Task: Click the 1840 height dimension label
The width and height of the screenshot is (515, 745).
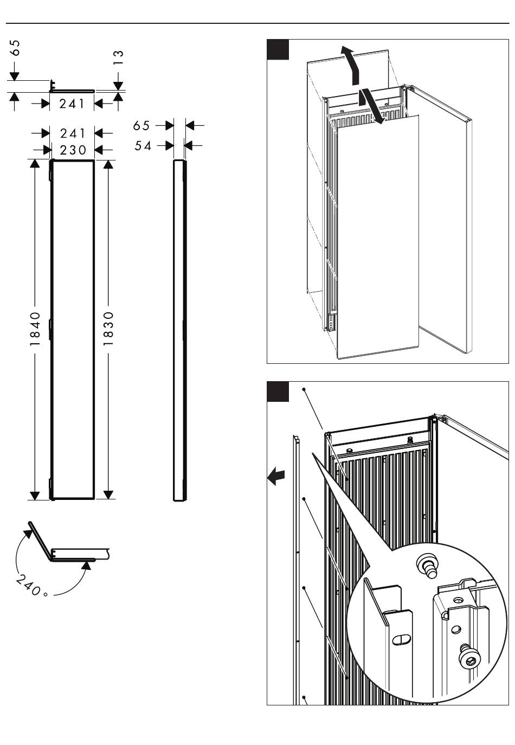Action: (35, 329)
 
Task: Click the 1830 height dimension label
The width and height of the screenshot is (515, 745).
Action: (108, 329)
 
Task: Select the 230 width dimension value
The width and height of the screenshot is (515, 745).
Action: (73, 150)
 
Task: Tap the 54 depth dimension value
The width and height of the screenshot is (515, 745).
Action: (143, 145)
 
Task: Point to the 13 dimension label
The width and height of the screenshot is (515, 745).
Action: (118, 57)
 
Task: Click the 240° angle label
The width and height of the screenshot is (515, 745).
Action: (31, 586)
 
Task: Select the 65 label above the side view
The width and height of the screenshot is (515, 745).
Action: (141, 126)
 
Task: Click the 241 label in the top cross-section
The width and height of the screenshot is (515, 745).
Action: (73, 104)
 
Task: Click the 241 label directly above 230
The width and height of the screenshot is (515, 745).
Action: (73, 133)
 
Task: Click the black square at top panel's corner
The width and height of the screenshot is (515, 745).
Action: (278, 49)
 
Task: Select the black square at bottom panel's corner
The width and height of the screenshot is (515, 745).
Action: (278, 391)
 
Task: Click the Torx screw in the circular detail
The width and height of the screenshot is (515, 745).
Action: (468, 658)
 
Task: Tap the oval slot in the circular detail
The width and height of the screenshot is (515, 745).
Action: (402, 640)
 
